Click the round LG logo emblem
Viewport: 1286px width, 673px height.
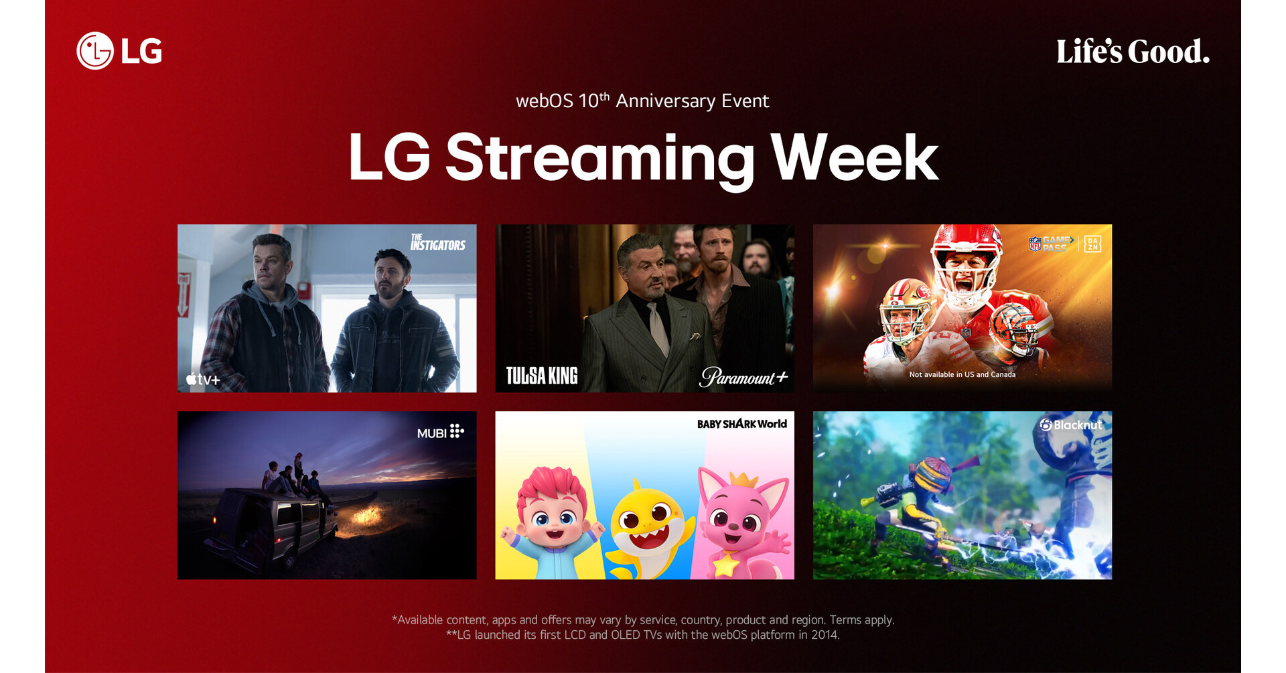click(94, 51)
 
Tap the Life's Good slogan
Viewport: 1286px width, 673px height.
click(1133, 52)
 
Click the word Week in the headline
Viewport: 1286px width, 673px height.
click(854, 159)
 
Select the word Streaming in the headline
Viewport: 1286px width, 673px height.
click(599, 159)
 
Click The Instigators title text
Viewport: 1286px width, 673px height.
click(437, 242)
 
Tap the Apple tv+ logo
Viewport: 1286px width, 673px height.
click(203, 379)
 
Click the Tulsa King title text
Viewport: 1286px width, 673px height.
click(541, 376)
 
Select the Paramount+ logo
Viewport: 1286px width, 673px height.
click(743, 377)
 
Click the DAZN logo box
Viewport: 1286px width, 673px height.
click(1092, 244)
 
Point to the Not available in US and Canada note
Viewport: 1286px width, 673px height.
click(962, 374)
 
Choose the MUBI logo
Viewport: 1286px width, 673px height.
click(440, 432)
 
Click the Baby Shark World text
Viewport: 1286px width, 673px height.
click(741, 424)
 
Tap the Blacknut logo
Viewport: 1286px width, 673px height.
click(1070, 425)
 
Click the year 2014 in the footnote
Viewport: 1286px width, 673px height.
click(825, 635)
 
